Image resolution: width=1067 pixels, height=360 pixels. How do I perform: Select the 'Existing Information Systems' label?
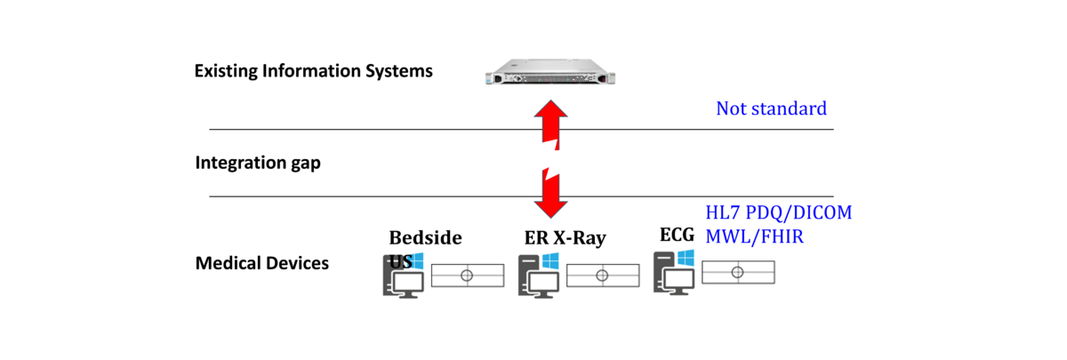(313, 70)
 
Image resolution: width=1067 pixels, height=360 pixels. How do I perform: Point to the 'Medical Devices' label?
(261, 263)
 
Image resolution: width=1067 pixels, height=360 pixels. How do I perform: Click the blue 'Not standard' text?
(771, 109)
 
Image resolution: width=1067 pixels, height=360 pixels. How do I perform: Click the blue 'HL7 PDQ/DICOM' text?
(778, 213)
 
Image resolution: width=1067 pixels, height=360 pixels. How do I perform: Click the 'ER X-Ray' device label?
(565, 238)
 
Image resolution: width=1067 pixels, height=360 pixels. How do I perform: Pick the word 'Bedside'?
(425, 238)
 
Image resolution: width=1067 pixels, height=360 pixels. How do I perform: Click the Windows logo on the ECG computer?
(686, 258)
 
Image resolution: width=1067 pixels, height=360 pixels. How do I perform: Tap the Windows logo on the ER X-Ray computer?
(550, 262)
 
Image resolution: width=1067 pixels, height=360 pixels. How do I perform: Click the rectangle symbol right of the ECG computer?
(737, 272)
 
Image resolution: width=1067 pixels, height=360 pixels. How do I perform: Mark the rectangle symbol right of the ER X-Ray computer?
(602, 276)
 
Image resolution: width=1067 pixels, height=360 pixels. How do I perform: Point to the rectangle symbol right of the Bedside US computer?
(467, 276)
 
